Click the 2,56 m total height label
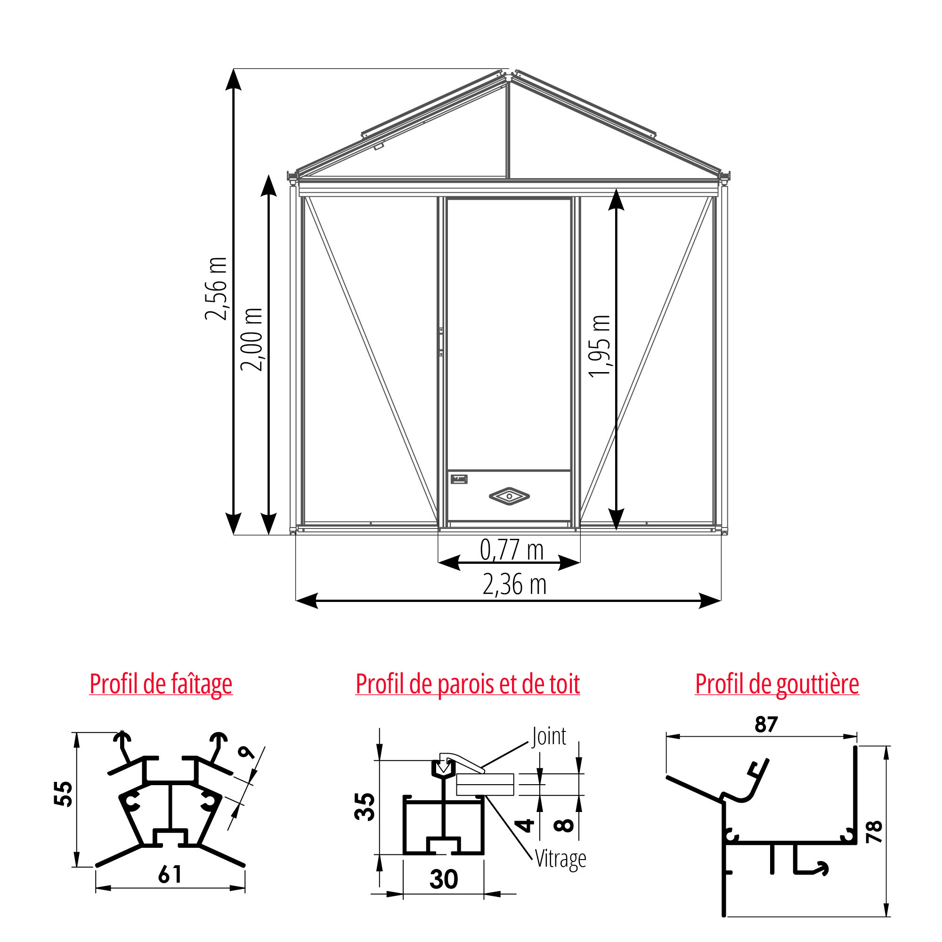[x=216, y=289]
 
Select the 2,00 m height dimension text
[x=252, y=339]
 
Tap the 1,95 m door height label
[x=599, y=346]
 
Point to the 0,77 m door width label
[x=512, y=550]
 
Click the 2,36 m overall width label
[x=514, y=585]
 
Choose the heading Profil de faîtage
[x=161, y=684]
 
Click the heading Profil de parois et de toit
[x=468, y=683]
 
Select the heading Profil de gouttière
[x=777, y=683]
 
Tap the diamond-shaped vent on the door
[x=509, y=496]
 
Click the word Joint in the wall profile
[x=549, y=736]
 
